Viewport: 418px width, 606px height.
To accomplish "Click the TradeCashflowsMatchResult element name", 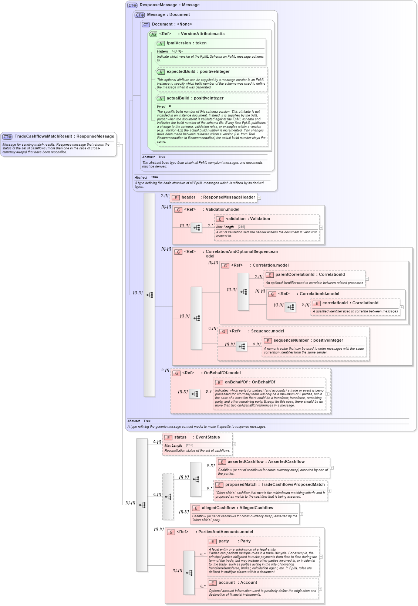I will (x=43, y=136).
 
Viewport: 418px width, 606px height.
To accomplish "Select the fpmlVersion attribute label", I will (x=179, y=43).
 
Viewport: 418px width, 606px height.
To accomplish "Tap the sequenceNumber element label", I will (x=291, y=341).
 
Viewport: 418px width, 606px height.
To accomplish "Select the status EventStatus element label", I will (x=197, y=437).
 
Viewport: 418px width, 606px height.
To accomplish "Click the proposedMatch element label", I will (x=241, y=485).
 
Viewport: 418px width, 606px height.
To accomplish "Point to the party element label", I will (x=223, y=541).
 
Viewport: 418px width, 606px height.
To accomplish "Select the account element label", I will (x=226, y=583).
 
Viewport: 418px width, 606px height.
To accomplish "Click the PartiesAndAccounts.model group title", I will (x=226, y=532).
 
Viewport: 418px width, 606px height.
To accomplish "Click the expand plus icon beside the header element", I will (x=259, y=198).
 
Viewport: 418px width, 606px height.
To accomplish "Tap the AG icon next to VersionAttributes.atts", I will (x=153, y=34).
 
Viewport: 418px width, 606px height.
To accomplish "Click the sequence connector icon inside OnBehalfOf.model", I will (x=195, y=394).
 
